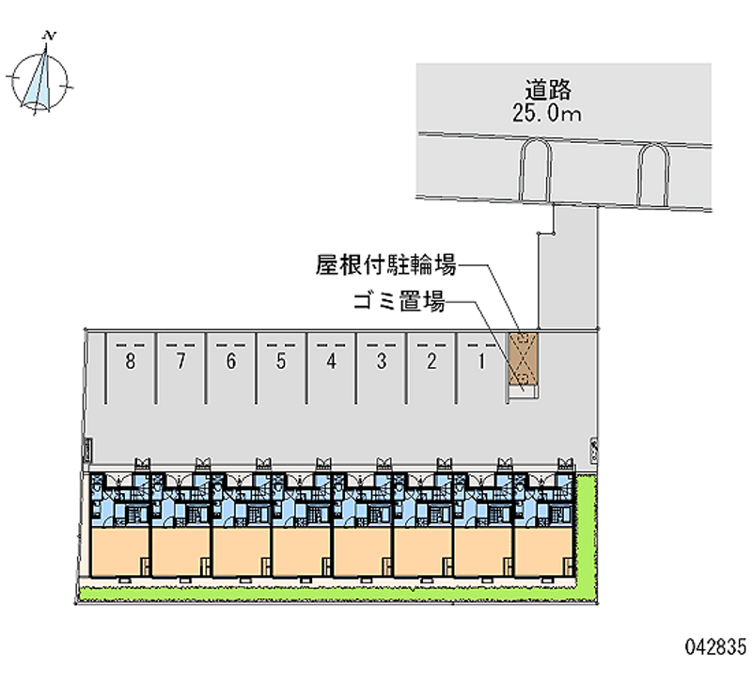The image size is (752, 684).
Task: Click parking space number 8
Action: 130,360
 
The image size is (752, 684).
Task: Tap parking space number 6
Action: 230,360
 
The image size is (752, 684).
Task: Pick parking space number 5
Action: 280,360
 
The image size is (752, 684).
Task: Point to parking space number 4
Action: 330,360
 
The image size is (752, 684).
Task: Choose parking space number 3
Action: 381,360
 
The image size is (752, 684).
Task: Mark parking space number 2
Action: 431,360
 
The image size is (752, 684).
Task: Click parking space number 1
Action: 480,360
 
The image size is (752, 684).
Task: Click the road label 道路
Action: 549,90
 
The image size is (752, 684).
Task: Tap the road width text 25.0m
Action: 549,114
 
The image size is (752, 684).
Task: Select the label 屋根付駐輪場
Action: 385,265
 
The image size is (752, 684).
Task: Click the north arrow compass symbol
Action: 39,80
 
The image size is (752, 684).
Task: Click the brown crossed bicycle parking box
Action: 521,360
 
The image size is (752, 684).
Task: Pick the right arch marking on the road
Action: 651,175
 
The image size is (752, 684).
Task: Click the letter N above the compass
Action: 50,37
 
